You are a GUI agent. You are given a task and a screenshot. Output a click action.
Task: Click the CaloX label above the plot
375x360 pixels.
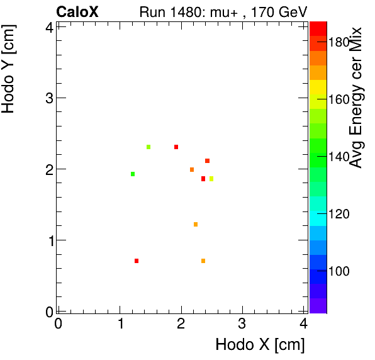(x=77, y=11)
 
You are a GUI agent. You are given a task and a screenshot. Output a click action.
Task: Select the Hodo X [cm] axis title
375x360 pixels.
(x=260, y=345)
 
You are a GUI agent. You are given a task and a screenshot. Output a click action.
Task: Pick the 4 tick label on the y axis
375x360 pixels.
(x=48, y=27)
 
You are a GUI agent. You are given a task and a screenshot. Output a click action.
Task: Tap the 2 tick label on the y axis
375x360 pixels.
(x=48, y=169)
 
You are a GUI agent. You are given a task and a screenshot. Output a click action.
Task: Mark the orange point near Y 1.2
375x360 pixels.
(x=196, y=225)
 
